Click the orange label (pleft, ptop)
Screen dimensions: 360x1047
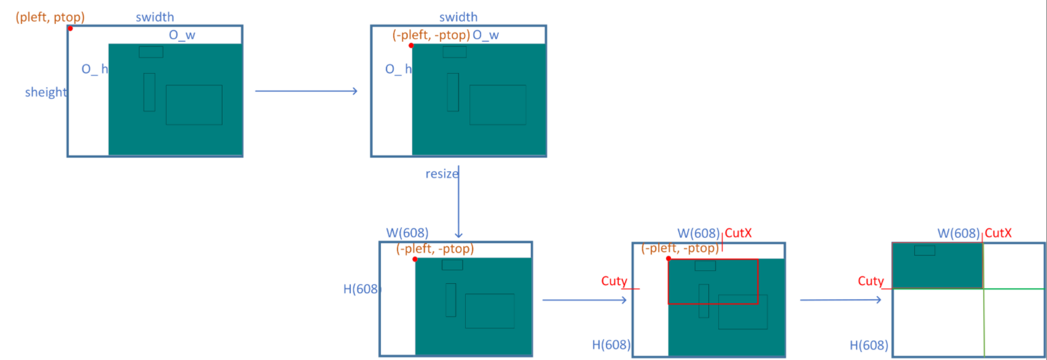pyautogui.click(x=50, y=17)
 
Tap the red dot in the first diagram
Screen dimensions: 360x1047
pyautogui.click(x=70, y=28)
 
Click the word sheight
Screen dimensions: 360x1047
pyautogui.click(x=46, y=92)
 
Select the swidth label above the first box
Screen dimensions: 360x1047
pyautogui.click(x=155, y=17)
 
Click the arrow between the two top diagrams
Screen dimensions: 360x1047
pyautogui.click(x=306, y=91)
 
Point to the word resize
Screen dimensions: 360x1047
pyautogui.click(x=441, y=174)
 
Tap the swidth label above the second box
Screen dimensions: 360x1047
pyautogui.click(x=458, y=17)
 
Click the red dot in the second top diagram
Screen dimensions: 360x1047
pyautogui.click(x=411, y=45)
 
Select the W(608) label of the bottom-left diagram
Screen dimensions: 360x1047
pyautogui.click(x=407, y=233)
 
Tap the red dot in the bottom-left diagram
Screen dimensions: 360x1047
pyautogui.click(x=415, y=259)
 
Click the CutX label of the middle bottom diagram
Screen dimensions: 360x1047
pyautogui.click(x=739, y=233)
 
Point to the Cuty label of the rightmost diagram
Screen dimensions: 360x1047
pyautogui.click(x=871, y=281)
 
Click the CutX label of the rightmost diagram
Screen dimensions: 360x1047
pyautogui.click(x=998, y=233)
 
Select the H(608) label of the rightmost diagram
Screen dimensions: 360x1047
pyautogui.click(x=869, y=345)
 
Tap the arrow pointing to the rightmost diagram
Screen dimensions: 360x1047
pyautogui.click(x=841, y=300)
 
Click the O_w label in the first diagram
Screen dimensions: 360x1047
pyautogui.click(x=182, y=35)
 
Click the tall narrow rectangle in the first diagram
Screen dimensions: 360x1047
pyautogui.click(x=149, y=92)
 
